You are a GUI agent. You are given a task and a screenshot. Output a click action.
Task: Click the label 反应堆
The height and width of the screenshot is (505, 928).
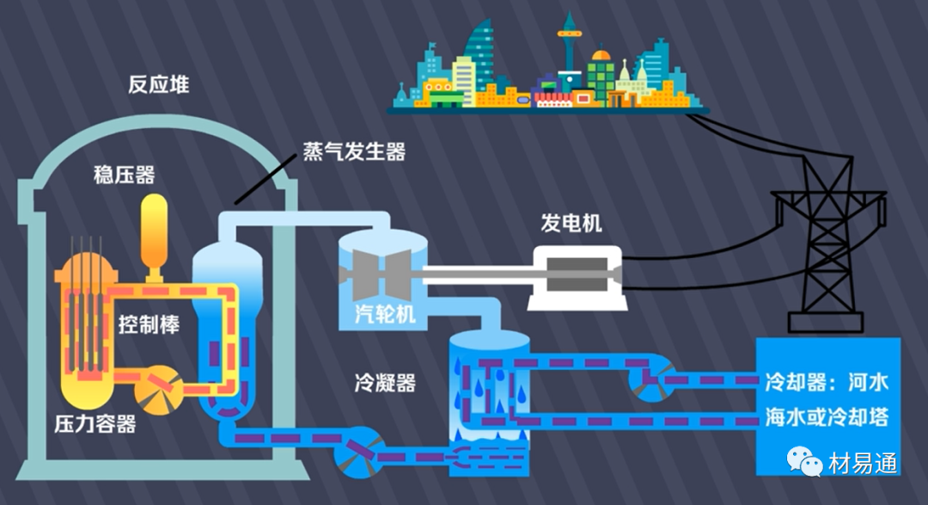pos(159,85)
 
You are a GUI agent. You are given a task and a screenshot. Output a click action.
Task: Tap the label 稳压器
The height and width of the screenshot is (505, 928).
pos(124,176)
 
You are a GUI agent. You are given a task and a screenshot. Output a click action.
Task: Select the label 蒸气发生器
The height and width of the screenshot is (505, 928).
pos(354,151)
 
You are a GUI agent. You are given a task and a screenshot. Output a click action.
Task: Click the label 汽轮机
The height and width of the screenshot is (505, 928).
pos(386,314)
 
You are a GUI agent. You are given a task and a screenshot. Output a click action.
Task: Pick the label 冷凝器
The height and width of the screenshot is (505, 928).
pos(384,383)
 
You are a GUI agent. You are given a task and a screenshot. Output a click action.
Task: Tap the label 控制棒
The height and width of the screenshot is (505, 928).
pos(149,326)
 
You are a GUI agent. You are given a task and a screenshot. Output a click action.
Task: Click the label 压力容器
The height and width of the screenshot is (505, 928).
pos(95,424)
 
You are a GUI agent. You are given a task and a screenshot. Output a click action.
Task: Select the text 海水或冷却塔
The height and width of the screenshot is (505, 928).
pos(827,418)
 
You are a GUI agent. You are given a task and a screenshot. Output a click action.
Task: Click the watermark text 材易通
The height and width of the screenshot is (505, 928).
pos(863,464)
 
